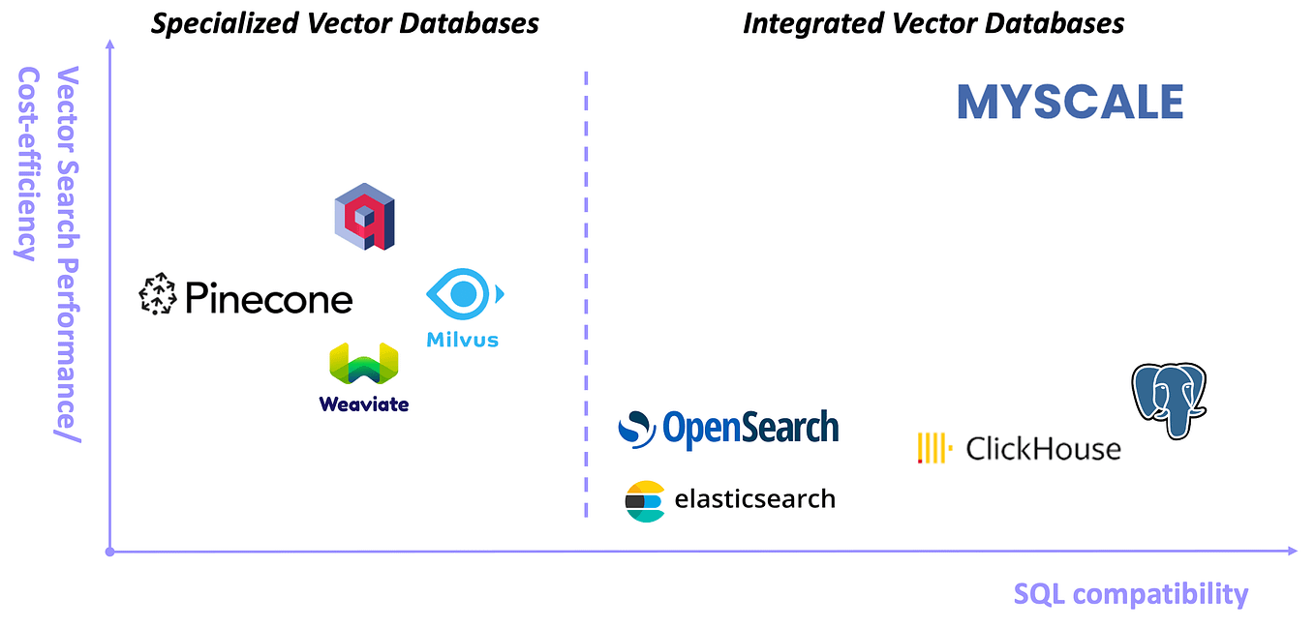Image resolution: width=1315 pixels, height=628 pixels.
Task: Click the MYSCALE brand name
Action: tap(1070, 103)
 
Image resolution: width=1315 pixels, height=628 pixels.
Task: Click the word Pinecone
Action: tap(268, 298)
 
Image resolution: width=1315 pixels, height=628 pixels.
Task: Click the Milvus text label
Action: tap(463, 340)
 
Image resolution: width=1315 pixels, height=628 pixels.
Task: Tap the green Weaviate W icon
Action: tap(364, 366)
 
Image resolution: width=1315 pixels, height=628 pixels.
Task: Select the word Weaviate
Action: tap(364, 404)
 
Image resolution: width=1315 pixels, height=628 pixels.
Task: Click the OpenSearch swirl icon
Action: tap(637, 429)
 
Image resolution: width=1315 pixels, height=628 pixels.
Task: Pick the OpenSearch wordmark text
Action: tap(750, 429)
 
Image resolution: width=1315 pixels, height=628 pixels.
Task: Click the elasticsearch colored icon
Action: tap(645, 500)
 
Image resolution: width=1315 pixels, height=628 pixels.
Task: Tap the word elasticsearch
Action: tap(754, 499)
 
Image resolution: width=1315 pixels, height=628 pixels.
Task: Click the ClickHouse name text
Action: tap(1043, 449)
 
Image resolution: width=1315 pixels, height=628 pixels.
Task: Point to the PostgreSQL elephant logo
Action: tap(1169, 400)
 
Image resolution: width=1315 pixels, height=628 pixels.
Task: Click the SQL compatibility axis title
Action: tap(1130, 593)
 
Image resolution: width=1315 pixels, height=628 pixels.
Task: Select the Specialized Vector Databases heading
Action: tap(345, 23)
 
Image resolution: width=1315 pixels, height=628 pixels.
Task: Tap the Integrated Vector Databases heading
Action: tap(933, 23)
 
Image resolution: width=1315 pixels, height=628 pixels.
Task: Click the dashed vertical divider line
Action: tap(586, 290)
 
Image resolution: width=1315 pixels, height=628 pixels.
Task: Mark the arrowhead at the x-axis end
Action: tap(1291, 551)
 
